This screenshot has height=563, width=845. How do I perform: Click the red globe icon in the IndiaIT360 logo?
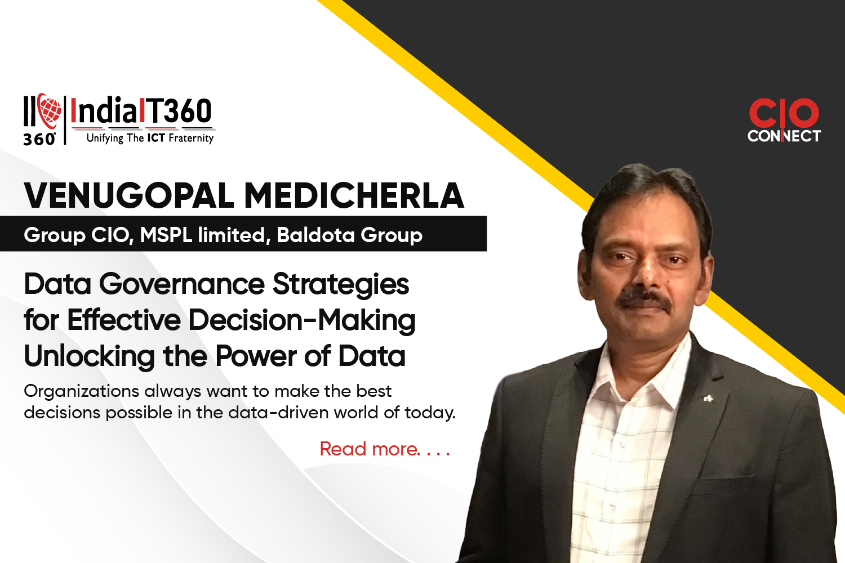pos(50,111)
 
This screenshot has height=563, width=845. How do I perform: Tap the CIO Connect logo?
pos(784,120)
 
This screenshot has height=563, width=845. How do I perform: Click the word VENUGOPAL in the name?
pos(129,196)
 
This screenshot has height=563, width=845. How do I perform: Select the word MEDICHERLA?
pos(354,196)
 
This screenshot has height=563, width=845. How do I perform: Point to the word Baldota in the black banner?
pos(315,235)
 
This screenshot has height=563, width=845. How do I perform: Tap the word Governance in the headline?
pos(182,285)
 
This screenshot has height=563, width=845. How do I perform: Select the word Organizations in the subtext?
pos(82,392)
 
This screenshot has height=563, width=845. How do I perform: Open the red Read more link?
pos(385,449)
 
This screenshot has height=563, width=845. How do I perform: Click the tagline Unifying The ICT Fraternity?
pos(150,138)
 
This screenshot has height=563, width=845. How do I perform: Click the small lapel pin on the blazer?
pos(708,397)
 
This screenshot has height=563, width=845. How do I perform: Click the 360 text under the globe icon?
pos(39,139)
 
